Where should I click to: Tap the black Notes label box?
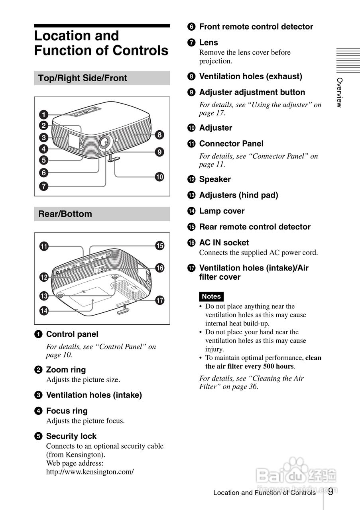coord(211,296)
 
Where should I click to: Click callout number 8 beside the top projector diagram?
coord(159,135)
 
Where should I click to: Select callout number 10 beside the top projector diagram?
coord(159,177)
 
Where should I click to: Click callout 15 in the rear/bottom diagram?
coord(159,245)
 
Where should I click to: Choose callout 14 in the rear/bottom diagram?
coord(43,311)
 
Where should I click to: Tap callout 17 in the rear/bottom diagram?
coord(159,300)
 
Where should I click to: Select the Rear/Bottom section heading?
coord(65,214)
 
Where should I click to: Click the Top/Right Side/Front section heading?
coord(83,78)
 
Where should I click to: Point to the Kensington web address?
coord(90,472)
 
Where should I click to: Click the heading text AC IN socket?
coord(224,243)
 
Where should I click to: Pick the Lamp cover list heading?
coord(222,211)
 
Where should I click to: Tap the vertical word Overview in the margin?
coord(339,92)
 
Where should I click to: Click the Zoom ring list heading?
coord(66,370)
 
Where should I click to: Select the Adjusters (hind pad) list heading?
coord(238,195)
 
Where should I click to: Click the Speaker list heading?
coord(215,179)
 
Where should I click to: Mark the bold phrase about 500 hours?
coord(263,362)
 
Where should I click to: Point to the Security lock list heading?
coord(71,436)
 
